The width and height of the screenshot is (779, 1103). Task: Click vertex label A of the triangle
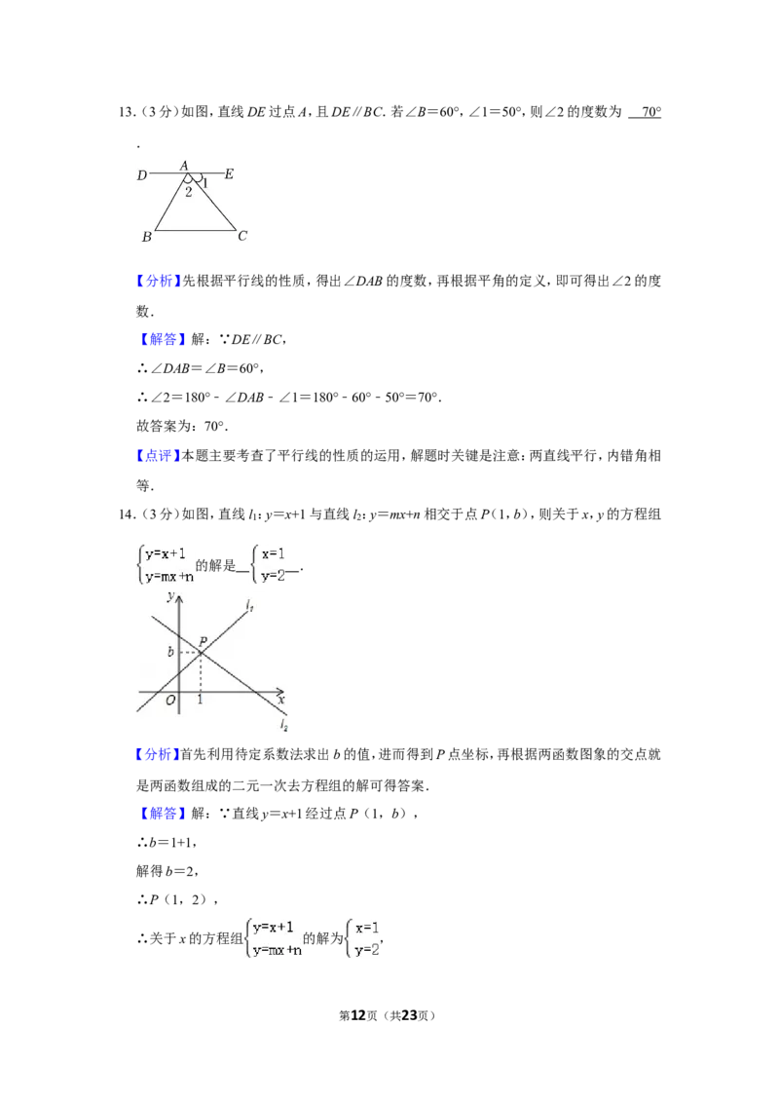(x=184, y=165)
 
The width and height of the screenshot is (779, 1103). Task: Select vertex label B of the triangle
(x=146, y=237)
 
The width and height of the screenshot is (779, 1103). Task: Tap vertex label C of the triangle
(x=242, y=236)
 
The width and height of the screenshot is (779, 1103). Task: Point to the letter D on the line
(x=141, y=175)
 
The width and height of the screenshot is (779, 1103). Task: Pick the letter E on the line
(x=229, y=174)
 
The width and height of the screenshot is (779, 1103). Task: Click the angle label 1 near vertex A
(x=204, y=182)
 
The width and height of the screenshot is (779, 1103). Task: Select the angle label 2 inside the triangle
(x=188, y=192)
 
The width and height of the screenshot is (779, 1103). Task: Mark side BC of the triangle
(x=195, y=231)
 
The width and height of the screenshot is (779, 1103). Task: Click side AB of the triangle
(x=170, y=203)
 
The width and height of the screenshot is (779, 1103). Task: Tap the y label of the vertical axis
(x=169, y=597)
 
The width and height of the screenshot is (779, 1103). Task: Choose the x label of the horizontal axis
(x=280, y=700)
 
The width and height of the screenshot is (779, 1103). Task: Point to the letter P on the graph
(x=203, y=641)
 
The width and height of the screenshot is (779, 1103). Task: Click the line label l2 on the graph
(x=283, y=725)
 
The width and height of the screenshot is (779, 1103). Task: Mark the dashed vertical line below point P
(x=200, y=672)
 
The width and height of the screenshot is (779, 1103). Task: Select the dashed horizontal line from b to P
(x=189, y=652)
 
